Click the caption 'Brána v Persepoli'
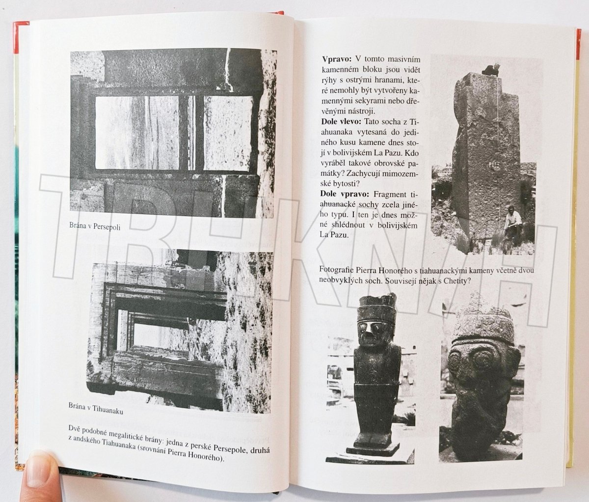[x=95, y=226]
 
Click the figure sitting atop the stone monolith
[x=490, y=69]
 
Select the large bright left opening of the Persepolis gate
[x=137, y=132]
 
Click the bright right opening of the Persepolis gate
[x=228, y=134]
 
